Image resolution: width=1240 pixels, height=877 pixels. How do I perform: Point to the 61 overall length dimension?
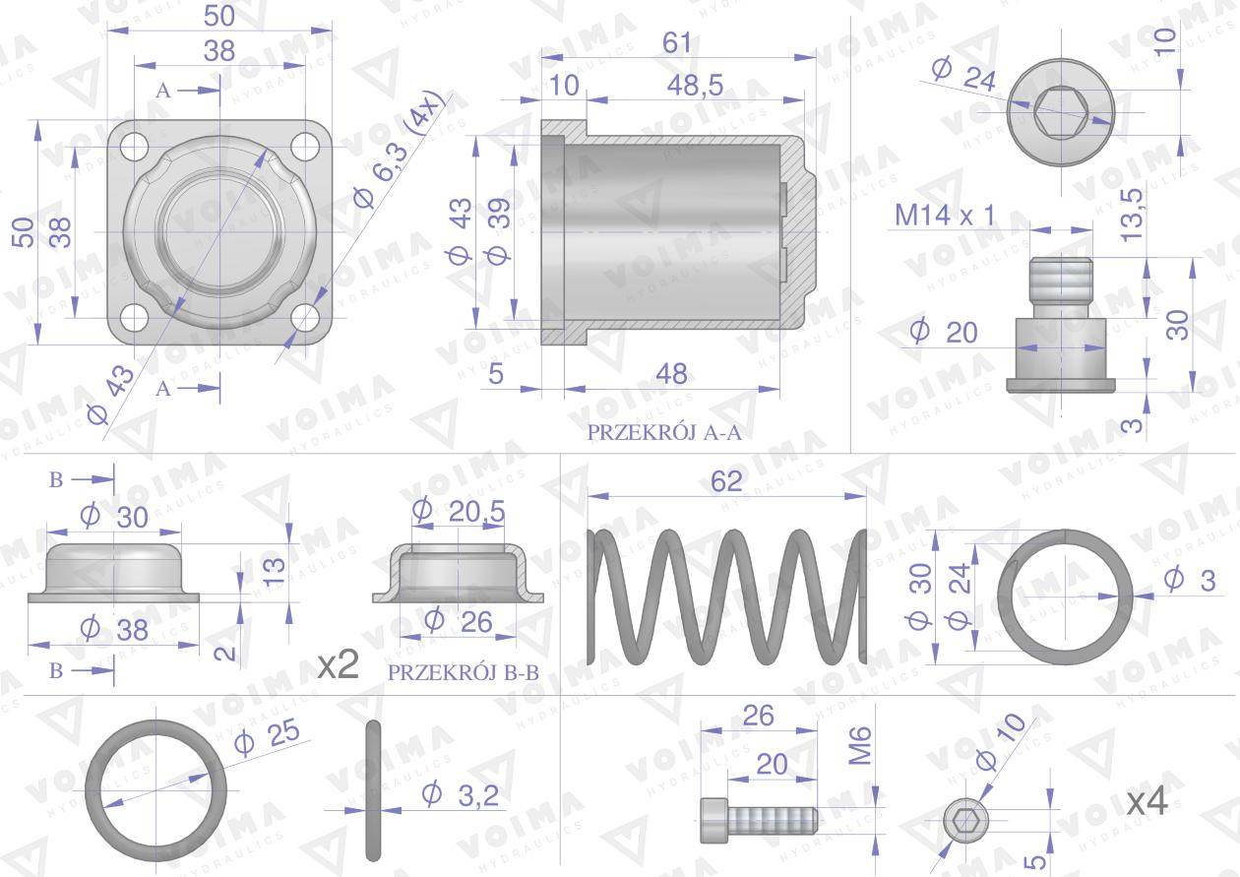click(x=677, y=43)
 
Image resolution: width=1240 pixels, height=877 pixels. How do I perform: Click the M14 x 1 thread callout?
click(x=945, y=216)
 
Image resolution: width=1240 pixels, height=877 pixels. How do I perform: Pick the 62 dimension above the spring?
click(x=726, y=479)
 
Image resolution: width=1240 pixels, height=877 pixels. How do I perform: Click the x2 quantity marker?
click(x=338, y=666)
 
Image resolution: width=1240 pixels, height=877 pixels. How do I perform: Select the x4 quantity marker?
click(x=1147, y=802)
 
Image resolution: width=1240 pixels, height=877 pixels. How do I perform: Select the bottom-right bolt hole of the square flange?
click(x=307, y=318)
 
